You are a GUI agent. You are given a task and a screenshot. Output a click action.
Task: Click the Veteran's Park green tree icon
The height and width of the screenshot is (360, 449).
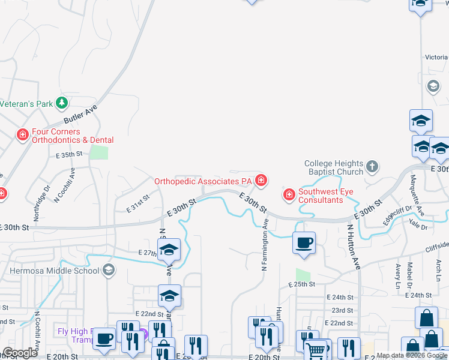[x=61, y=103]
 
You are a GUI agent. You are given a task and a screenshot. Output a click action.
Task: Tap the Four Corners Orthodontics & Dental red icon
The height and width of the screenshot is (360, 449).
[x=23, y=134]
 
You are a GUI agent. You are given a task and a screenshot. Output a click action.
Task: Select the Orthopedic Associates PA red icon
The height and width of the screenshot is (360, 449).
[x=261, y=179]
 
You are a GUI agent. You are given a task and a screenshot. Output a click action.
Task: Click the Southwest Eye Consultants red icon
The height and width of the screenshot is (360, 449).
[x=289, y=194]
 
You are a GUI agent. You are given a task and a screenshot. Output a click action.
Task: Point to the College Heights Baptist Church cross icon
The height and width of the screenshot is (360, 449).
[x=372, y=166]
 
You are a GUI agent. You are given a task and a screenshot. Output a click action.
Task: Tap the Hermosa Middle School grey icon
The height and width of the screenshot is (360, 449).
[x=109, y=269]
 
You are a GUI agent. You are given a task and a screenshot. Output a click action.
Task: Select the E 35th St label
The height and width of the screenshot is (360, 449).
[x=68, y=155]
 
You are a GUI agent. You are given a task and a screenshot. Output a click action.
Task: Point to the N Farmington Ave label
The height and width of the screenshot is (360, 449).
[x=265, y=247]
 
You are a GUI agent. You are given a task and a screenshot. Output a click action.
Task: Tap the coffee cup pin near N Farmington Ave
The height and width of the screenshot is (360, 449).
[x=304, y=243]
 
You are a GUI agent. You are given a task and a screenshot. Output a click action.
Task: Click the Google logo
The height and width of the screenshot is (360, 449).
[x=20, y=353]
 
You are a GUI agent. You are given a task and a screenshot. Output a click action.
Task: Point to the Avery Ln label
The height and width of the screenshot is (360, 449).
[x=397, y=274]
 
